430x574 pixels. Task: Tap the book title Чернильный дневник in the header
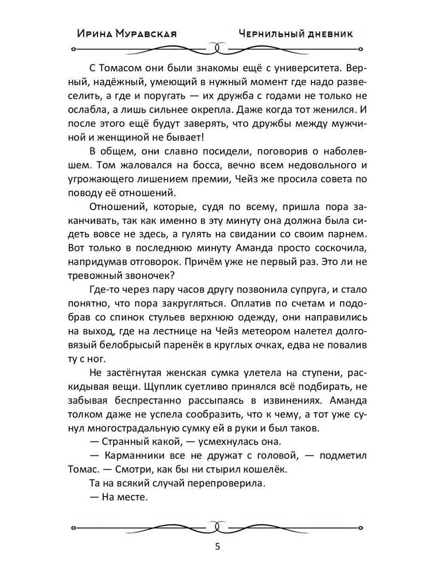click(x=296, y=34)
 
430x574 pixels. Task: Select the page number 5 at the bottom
click(x=216, y=546)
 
